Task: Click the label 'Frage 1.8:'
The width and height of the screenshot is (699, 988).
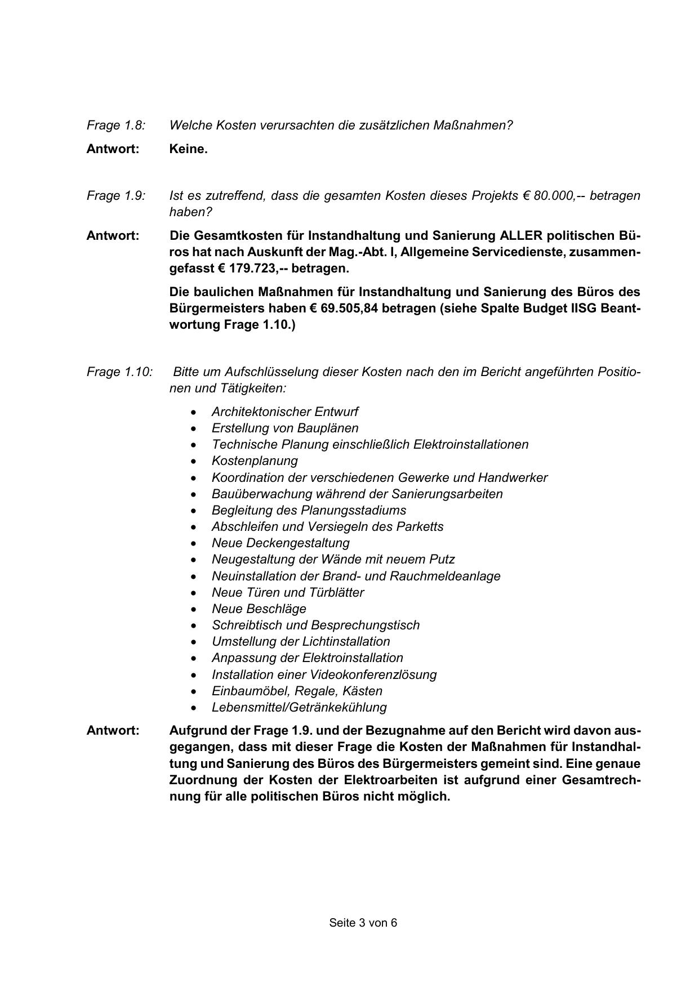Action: point(115,126)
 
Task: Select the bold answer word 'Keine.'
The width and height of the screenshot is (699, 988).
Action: point(188,149)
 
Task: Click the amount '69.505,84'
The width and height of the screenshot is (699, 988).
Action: point(349,309)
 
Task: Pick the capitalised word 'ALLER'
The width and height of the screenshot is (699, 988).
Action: point(520,236)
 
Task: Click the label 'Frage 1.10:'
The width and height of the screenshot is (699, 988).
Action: point(119,372)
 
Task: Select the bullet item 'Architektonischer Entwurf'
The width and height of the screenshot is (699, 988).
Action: point(284,412)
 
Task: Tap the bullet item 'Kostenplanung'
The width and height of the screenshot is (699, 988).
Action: point(255,461)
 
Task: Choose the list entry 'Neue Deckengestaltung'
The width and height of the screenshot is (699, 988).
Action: point(281,543)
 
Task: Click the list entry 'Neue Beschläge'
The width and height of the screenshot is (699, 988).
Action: point(259,609)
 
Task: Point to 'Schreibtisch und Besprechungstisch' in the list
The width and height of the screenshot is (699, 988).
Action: point(315,625)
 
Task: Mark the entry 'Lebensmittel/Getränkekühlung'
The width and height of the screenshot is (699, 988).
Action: point(299,708)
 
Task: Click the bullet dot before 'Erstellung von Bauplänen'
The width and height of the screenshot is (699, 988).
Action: point(194,429)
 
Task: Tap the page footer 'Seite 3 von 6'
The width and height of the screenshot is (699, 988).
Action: point(363,923)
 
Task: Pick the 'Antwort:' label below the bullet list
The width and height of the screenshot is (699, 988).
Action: point(113,731)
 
